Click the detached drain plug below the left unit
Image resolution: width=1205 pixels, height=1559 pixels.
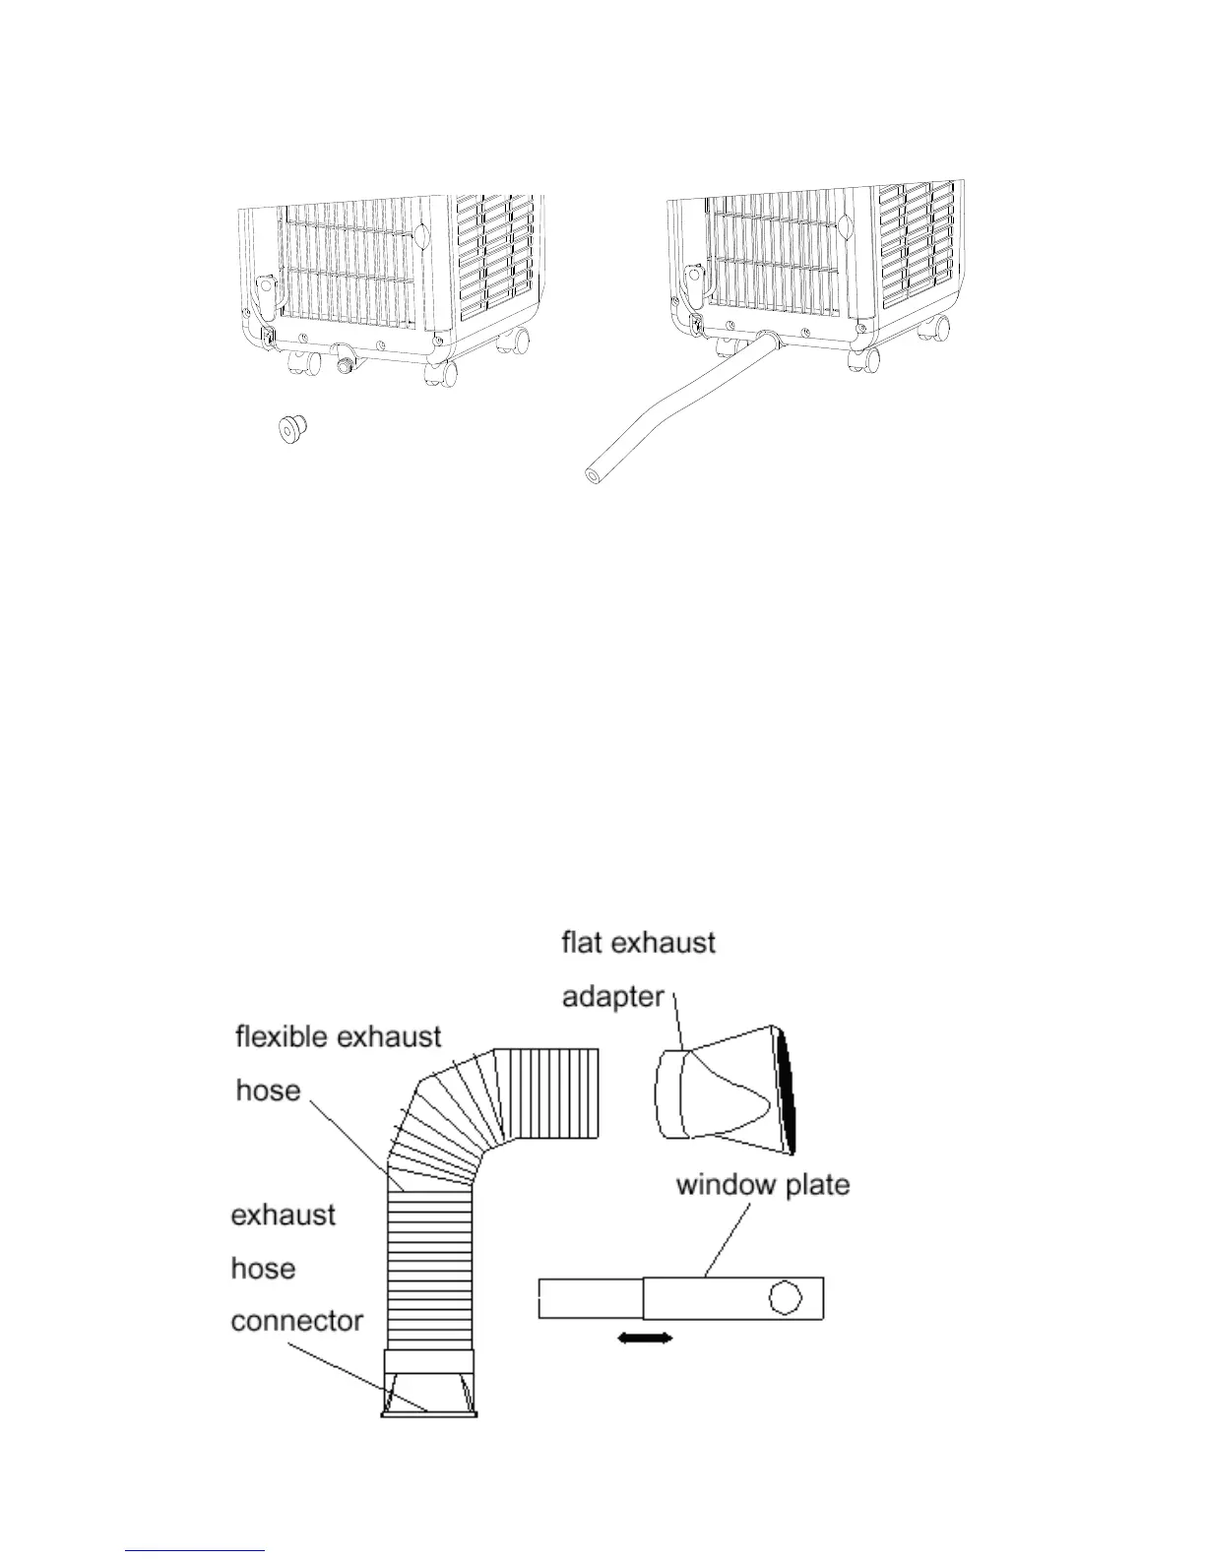click(292, 429)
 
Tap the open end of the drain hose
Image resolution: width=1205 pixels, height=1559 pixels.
click(592, 475)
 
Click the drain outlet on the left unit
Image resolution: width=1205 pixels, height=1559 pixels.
click(345, 359)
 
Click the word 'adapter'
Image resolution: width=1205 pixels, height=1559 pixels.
click(612, 997)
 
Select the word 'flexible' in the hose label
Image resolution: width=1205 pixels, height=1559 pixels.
click(280, 1036)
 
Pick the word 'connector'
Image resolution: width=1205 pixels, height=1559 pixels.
click(297, 1321)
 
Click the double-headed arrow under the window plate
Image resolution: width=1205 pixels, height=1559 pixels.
click(645, 1338)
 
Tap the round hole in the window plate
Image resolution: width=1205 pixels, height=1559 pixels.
click(784, 1297)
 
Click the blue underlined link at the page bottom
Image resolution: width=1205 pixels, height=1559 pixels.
click(196, 1550)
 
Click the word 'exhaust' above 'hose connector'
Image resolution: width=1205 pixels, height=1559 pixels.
click(284, 1216)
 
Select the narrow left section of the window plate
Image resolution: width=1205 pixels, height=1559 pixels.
click(591, 1298)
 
